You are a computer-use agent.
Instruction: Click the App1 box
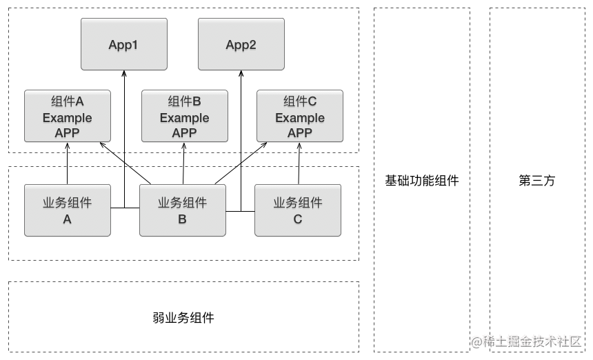point(124,44)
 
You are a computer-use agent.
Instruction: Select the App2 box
point(241,44)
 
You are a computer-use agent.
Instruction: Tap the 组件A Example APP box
point(68,116)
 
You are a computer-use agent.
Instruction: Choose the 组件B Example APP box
point(185,116)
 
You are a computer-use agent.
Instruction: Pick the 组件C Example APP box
point(300,116)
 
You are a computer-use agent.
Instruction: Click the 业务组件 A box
point(68,210)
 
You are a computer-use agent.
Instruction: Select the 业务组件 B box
point(183,210)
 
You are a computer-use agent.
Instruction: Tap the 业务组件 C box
point(298,210)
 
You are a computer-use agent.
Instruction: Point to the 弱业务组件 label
point(183,318)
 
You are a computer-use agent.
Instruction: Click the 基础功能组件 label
point(422,181)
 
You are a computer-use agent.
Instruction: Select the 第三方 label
point(537,181)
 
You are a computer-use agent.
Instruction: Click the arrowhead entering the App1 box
point(124,73)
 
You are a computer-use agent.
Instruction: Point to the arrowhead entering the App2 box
point(241,73)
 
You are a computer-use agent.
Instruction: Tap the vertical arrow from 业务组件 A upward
point(68,163)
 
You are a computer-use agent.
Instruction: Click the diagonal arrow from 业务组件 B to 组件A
point(125,163)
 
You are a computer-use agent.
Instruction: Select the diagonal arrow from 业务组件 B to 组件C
point(241,163)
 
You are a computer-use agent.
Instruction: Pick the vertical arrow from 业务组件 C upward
point(299,163)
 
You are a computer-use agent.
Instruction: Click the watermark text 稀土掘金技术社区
point(532,341)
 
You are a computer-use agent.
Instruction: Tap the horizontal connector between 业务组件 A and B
point(125,208)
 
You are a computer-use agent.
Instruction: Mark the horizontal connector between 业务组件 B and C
point(240,212)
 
